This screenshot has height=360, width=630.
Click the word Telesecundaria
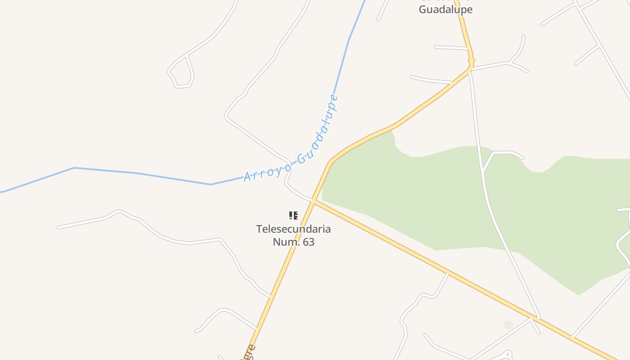(293, 229)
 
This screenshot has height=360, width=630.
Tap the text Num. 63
(293, 242)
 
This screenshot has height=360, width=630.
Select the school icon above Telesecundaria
(293, 216)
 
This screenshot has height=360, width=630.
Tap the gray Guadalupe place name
(445, 9)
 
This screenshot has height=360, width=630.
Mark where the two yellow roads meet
(313, 200)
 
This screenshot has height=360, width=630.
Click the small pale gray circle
(508, 325)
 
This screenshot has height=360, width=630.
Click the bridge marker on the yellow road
(471, 60)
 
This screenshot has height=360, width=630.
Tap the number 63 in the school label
(308, 242)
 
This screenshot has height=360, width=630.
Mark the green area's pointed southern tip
(579, 295)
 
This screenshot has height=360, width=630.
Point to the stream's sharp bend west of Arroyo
(211, 184)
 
